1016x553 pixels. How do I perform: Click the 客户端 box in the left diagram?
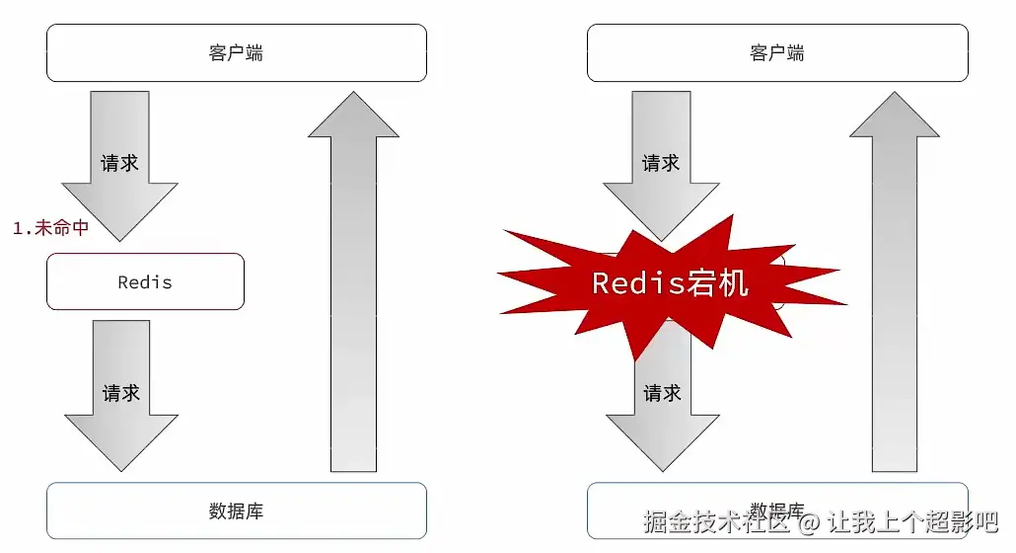tap(237, 52)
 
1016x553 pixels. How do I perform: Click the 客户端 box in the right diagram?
tap(776, 52)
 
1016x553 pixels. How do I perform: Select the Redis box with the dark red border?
tap(145, 281)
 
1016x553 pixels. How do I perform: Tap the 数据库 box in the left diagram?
tap(237, 511)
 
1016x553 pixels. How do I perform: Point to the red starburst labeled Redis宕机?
tap(670, 282)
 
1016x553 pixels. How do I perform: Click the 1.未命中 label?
tap(50, 228)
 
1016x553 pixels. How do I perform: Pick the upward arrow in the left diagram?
tap(353, 286)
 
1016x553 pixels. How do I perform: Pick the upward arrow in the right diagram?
tap(894, 286)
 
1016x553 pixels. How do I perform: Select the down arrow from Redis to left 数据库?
tap(120, 400)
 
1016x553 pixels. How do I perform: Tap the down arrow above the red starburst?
tap(661, 168)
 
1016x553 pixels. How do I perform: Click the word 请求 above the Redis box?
tap(120, 163)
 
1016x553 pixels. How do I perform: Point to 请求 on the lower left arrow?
tap(121, 393)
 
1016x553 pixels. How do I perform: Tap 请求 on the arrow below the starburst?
tap(662, 393)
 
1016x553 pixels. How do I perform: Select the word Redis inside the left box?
tap(145, 282)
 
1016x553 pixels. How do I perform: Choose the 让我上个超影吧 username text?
tap(912, 520)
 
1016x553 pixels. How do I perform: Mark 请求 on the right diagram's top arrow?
tap(661, 163)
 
